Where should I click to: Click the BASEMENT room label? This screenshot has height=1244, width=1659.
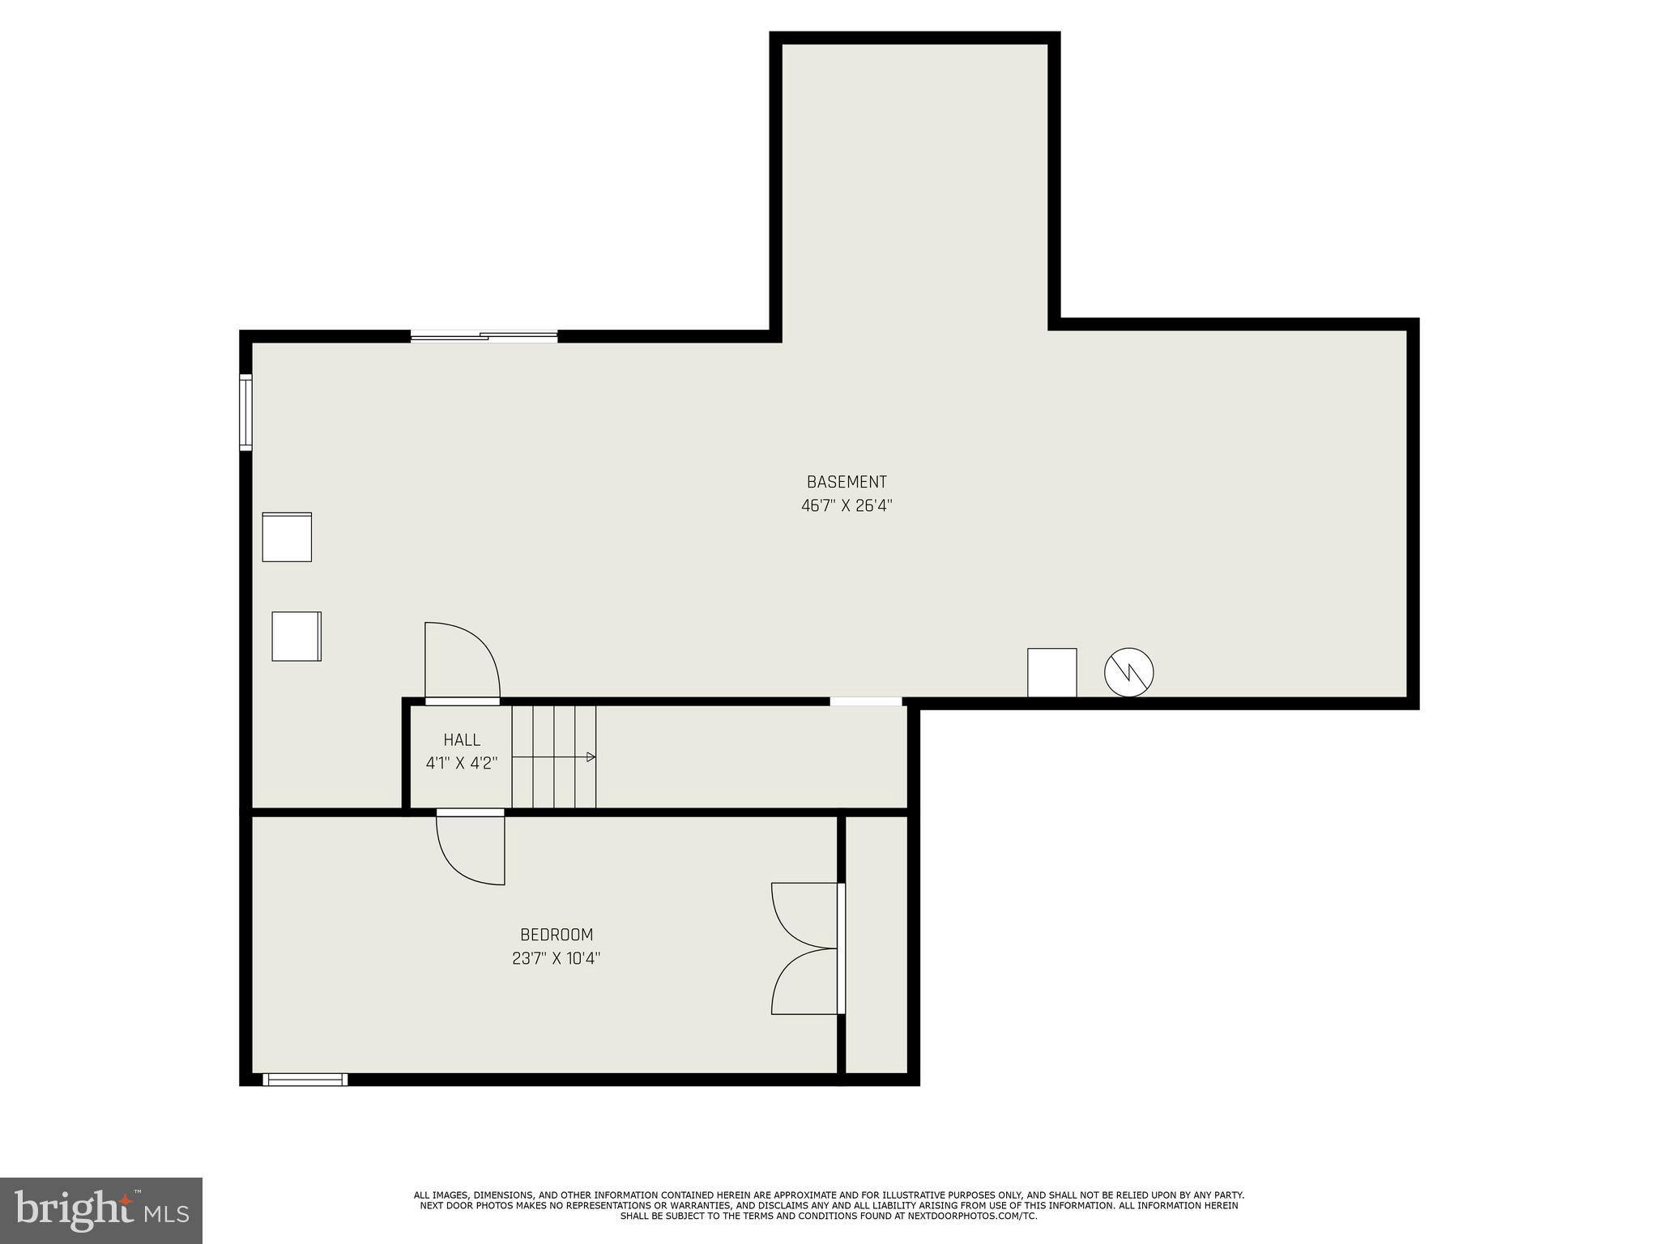[x=847, y=482]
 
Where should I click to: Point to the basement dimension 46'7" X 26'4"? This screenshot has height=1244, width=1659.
[x=847, y=506]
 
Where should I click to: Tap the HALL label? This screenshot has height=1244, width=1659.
[x=462, y=739]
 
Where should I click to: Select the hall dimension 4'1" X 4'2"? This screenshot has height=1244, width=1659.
[x=461, y=763]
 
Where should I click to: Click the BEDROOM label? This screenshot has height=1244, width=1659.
[x=557, y=935]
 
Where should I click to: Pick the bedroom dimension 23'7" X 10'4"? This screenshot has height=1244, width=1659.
[x=556, y=959]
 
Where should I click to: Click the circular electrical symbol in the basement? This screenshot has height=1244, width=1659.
[x=1128, y=672]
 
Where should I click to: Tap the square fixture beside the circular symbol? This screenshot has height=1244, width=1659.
[x=1051, y=672]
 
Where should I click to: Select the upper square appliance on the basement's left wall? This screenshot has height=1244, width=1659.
[x=287, y=536]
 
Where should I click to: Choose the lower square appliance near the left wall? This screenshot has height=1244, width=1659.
[x=296, y=636]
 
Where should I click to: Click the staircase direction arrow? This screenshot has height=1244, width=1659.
[x=591, y=757]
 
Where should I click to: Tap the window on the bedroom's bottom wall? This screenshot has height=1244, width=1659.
[x=305, y=1079]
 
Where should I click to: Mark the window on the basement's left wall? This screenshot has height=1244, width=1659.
[x=245, y=411]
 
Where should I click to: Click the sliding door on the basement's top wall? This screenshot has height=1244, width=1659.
[x=484, y=336]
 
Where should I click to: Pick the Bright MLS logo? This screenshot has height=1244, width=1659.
[x=100, y=1210]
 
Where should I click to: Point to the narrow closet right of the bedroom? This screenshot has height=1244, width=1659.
[x=876, y=944]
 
